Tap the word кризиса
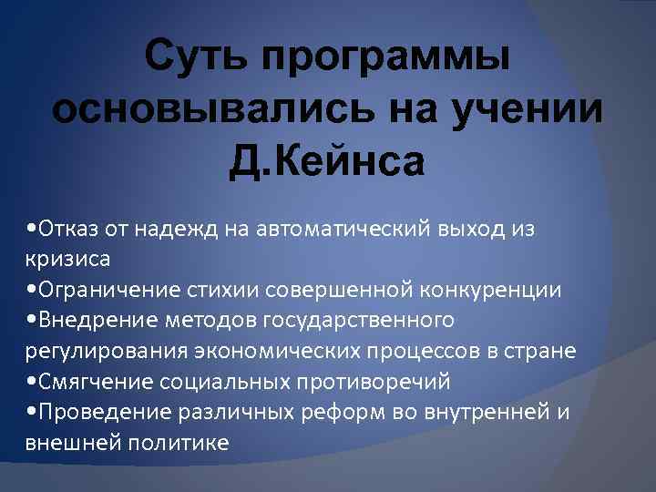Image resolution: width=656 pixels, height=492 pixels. tap(68, 260)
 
